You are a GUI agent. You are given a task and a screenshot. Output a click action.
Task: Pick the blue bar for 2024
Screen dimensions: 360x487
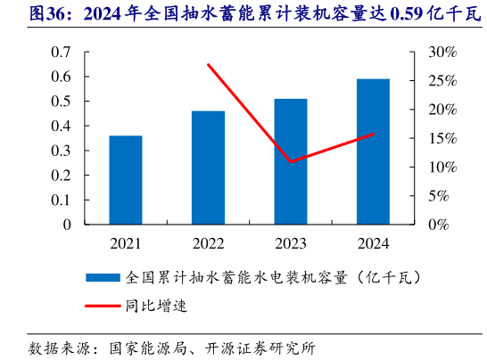[373, 151]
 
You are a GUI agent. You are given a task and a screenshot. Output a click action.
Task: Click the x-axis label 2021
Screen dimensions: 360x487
[126, 243]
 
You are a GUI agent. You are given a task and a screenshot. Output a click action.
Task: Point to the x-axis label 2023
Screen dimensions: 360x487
[291, 243]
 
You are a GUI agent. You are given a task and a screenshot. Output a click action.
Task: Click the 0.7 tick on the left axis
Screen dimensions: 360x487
[61, 53]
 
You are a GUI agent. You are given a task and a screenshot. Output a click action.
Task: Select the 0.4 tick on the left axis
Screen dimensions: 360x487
[61, 127]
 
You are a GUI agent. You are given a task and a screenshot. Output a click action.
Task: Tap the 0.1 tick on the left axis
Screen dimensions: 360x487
[61, 200]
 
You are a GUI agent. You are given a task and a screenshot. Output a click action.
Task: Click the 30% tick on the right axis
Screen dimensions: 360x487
[442, 53]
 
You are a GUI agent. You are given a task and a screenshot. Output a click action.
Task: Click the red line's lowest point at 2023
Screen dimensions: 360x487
[291, 162]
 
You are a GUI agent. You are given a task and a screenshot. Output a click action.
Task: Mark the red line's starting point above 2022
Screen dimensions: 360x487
[208, 64]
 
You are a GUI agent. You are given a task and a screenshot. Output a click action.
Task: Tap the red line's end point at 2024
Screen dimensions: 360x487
[373, 135]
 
